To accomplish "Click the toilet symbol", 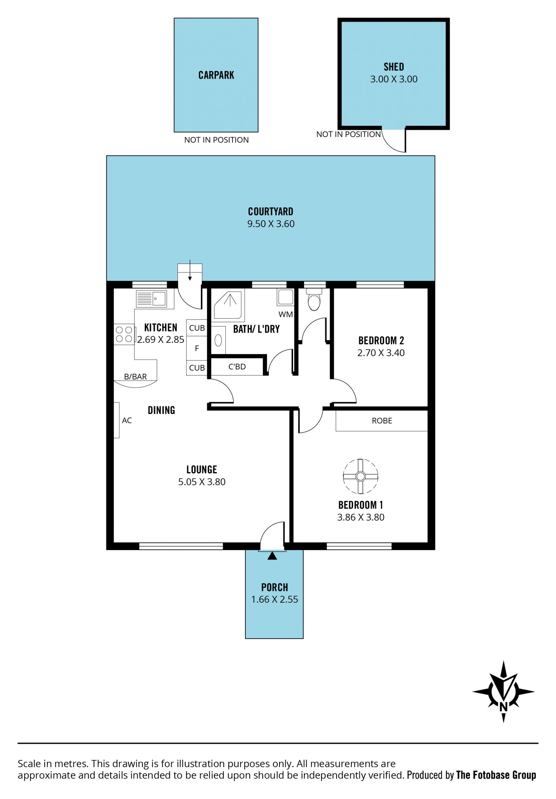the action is [x=314, y=299].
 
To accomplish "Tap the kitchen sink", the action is [x=151, y=298].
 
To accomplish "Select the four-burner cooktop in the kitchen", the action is [x=124, y=334].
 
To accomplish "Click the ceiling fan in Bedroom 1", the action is [x=360, y=476].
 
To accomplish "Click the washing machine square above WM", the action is [x=285, y=297].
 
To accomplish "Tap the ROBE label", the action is [x=382, y=421].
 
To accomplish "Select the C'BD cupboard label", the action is [x=237, y=367].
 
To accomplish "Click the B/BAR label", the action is [x=136, y=377].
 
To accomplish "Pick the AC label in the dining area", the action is [x=127, y=420].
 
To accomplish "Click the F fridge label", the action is [x=197, y=348].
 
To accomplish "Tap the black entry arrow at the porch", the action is [x=272, y=556].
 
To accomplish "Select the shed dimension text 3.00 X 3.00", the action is [x=394, y=79].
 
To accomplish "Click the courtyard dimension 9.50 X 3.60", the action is [x=271, y=224].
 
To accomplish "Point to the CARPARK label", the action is [x=216, y=75].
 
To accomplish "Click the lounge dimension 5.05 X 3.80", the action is [x=202, y=482].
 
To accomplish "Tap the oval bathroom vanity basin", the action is [x=218, y=340].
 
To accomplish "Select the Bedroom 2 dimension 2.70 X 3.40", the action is [x=381, y=353].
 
